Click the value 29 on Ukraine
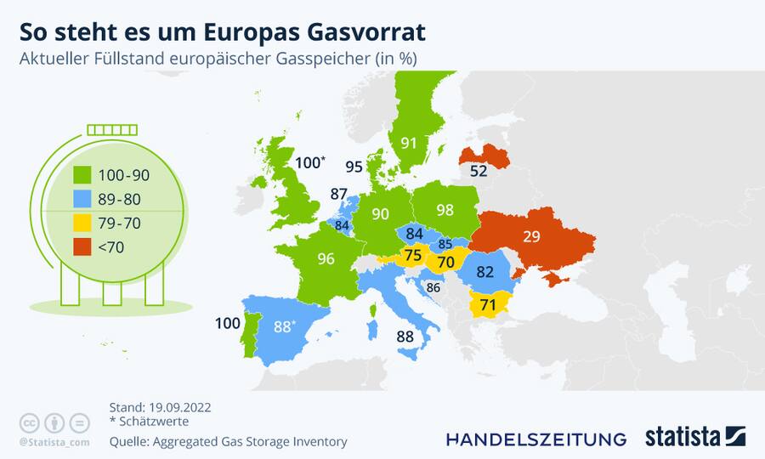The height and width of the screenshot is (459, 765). [x=531, y=237]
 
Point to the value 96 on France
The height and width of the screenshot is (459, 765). [x=326, y=259]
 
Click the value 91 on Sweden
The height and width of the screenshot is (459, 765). [x=410, y=143]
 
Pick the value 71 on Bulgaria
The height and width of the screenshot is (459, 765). [x=488, y=303]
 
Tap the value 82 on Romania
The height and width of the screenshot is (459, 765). [x=485, y=272]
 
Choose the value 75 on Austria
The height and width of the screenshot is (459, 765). [x=413, y=256]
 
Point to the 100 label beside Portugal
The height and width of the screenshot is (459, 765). [x=228, y=323]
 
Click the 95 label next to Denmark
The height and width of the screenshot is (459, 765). [x=354, y=167]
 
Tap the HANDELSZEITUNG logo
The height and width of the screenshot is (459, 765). [x=536, y=439]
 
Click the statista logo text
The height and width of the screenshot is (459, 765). [x=683, y=438]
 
